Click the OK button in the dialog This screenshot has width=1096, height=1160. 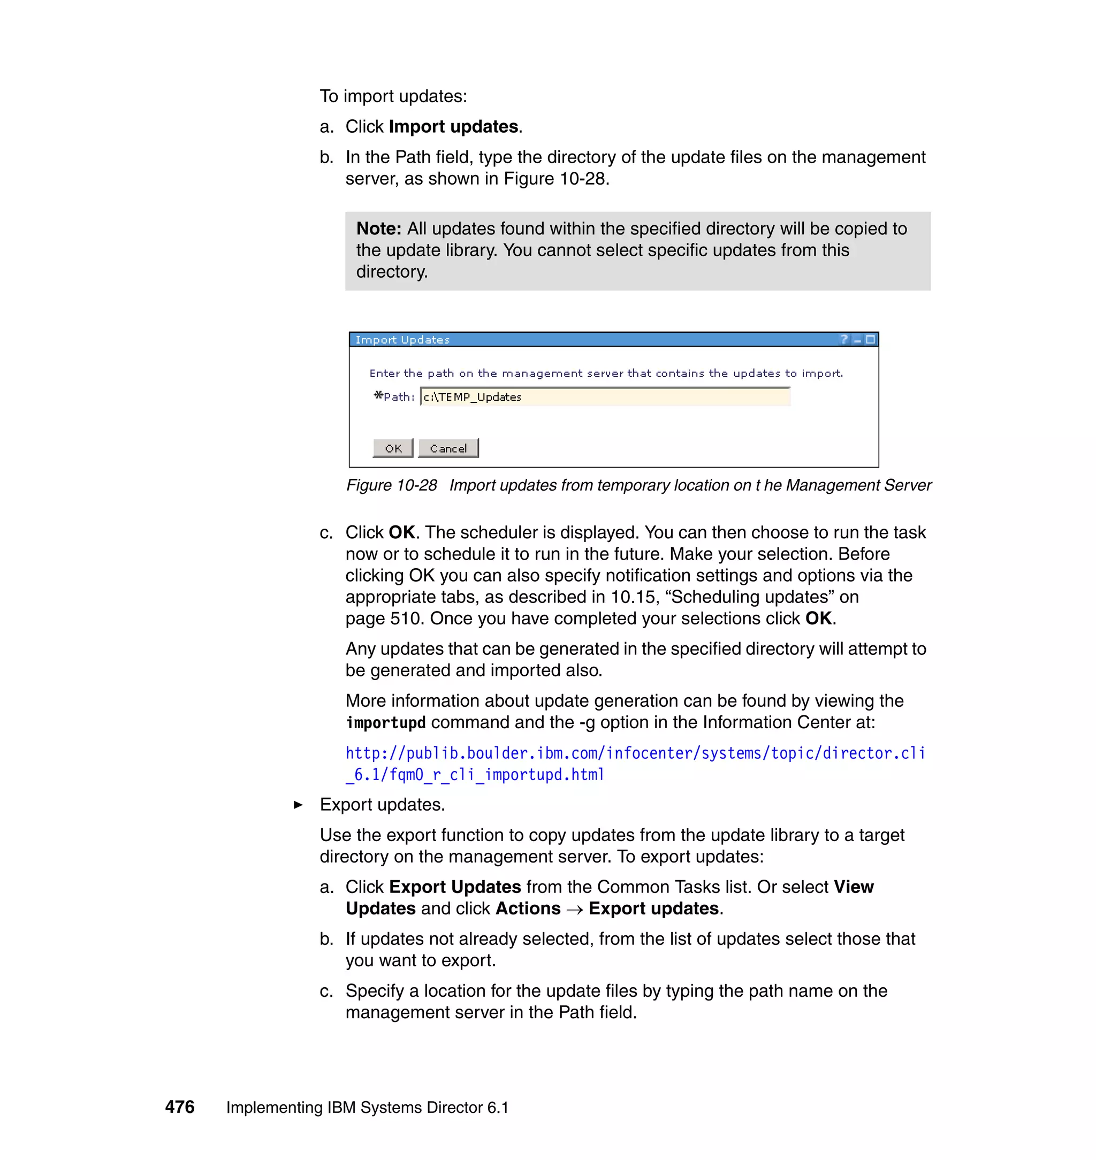[393, 448]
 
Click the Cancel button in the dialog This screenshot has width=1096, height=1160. [448, 448]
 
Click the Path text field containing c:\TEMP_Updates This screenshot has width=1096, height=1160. [605, 397]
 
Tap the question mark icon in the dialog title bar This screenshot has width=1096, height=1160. [843, 339]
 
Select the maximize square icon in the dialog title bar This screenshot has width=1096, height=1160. [871, 339]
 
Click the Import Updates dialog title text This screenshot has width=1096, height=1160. [402, 340]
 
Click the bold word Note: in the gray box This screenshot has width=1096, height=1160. [378, 228]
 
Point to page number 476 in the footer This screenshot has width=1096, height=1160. [179, 1107]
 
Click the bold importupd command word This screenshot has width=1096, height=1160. [386, 722]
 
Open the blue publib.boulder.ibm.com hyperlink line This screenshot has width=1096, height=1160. [635, 753]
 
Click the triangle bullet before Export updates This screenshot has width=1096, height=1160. [298, 805]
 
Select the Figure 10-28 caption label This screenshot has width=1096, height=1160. [391, 485]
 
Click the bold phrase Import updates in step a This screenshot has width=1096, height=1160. [453, 127]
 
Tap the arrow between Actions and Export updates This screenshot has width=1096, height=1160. [574, 910]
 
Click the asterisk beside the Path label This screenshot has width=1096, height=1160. [378, 396]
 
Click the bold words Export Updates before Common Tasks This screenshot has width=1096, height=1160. [454, 887]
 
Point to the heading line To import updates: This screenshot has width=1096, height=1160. [393, 96]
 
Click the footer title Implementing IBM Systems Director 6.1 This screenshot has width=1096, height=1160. [367, 1108]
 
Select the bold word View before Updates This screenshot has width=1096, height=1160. [854, 887]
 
